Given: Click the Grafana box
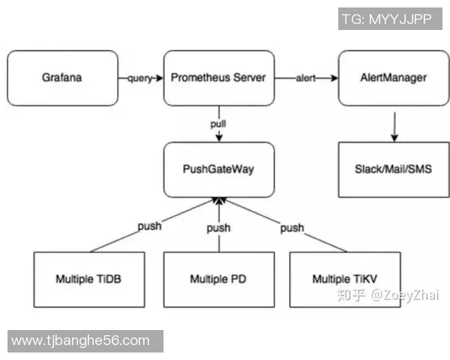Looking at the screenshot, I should pyautogui.click(x=63, y=78).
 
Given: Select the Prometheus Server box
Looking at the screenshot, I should pyautogui.click(x=218, y=78).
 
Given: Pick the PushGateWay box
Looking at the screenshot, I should pyautogui.click(x=218, y=169).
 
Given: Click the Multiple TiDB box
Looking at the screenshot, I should pyautogui.click(x=89, y=279).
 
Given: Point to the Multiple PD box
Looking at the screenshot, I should pyautogui.click(x=218, y=279).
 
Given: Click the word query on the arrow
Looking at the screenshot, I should pyautogui.click(x=140, y=78).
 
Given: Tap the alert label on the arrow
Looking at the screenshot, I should pyautogui.click(x=305, y=78).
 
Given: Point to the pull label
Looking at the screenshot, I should pyautogui.click(x=218, y=121).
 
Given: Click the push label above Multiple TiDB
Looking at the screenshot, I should pyautogui.click(x=149, y=226).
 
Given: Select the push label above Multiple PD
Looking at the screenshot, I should pyautogui.click(x=218, y=228).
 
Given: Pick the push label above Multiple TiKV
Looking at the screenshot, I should pyautogui.click(x=292, y=227).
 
